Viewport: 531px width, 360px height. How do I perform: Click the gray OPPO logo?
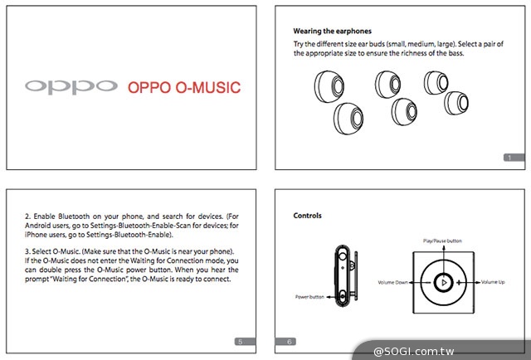tap(71, 86)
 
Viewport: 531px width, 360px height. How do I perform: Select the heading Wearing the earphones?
tap(332, 31)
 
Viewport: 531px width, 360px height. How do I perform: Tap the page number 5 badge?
tap(240, 341)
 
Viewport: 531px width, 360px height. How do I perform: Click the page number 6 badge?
tap(290, 341)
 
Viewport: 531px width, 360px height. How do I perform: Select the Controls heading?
tap(307, 216)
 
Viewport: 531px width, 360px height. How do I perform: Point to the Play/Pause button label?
tap(441, 241)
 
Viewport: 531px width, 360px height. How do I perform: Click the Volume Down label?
tap(394, 282)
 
